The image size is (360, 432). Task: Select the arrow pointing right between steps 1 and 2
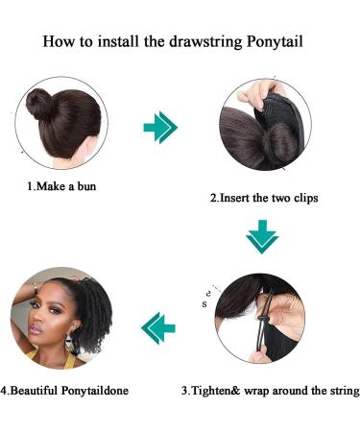[160, 127]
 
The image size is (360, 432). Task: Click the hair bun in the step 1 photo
[52, 103]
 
